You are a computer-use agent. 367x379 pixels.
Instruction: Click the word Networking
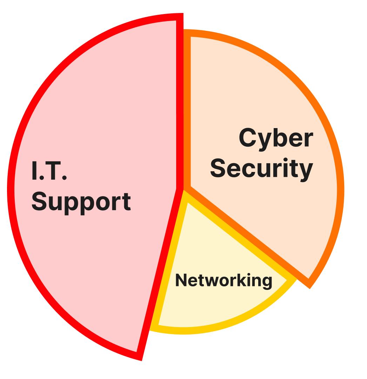click(x=223, y=280)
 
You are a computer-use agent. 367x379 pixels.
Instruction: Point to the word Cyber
click(x=276, y=138)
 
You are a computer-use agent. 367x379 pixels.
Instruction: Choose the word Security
click(x=261, y=168)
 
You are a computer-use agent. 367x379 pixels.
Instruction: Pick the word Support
click(x=81, y=202)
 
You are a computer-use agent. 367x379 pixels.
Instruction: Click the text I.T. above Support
click(x=49, y=171)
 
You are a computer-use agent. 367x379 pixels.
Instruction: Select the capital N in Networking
click(x=182, y=280)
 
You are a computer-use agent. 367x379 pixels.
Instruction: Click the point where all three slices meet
click(x=183, y=189)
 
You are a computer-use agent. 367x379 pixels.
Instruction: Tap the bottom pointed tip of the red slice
click(x=142, y=360)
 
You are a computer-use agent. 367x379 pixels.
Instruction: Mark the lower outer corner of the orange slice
click(x=309, y=288)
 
